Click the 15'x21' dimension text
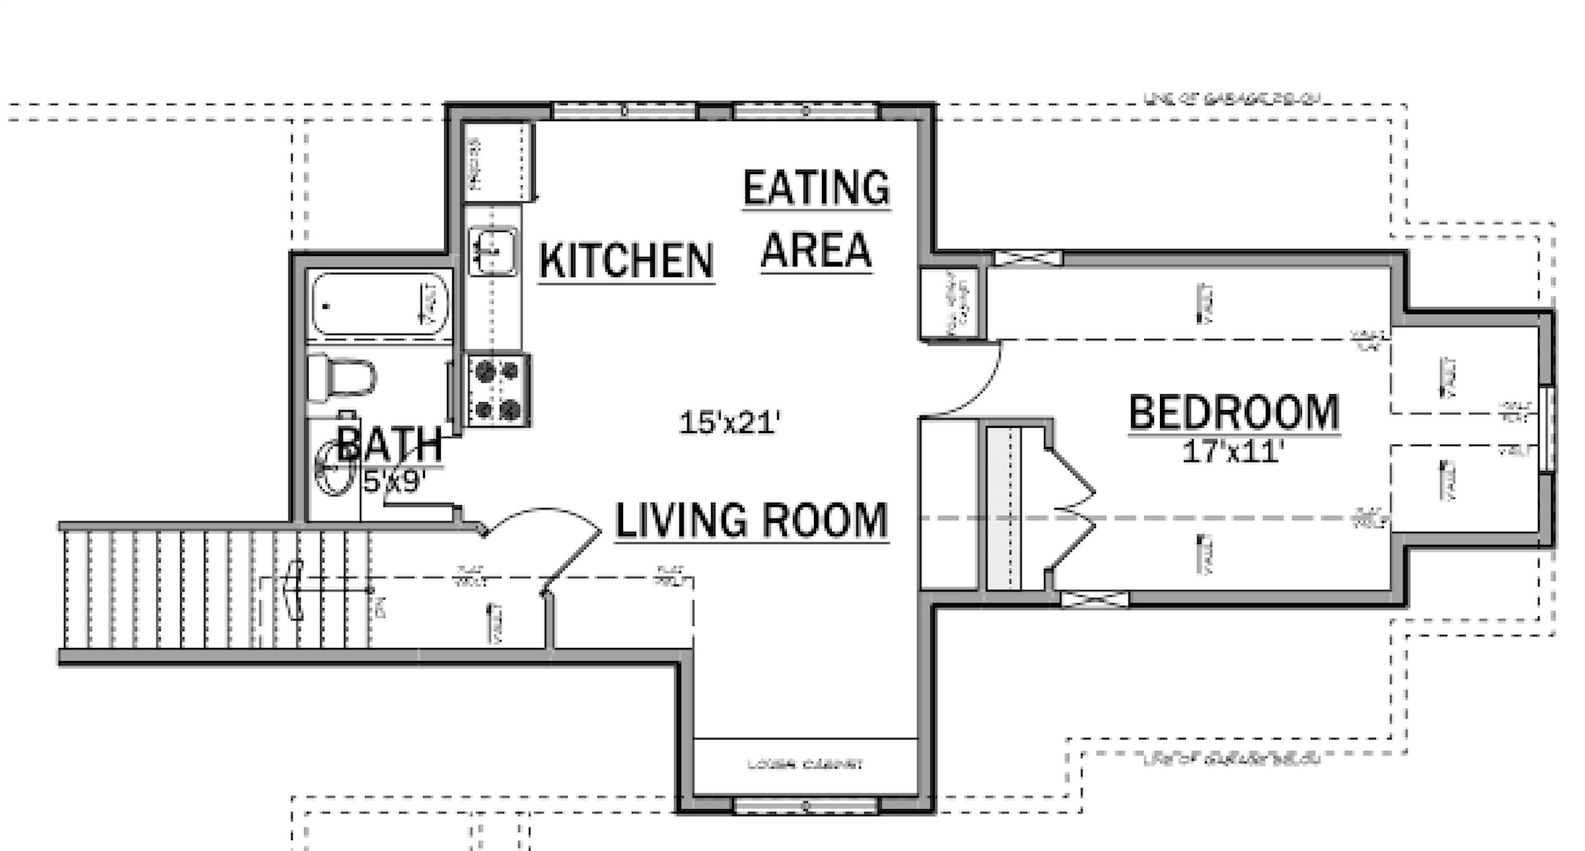(730, 424)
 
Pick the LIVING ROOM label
(751, 521)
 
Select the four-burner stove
(498, 390)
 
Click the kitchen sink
(492, 251)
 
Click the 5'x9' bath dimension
(394, 482)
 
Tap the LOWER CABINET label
(805, 765)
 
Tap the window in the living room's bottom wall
(805, 806)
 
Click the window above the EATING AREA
(805, 112)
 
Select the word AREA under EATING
(816, 250)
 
